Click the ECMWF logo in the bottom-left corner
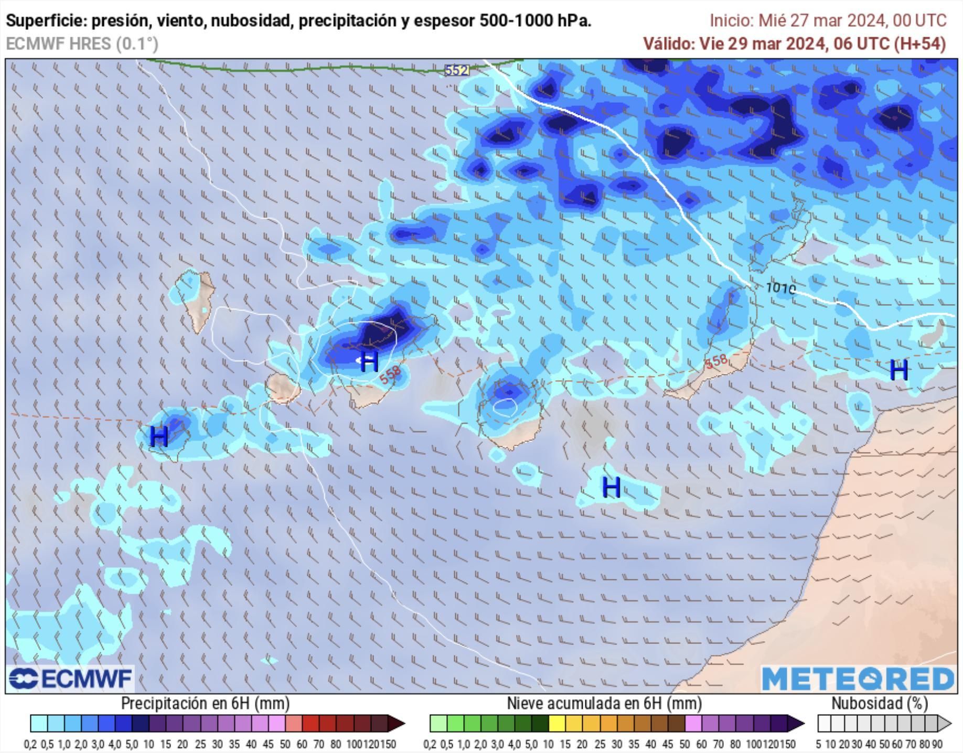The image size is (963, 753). tap(70, 679)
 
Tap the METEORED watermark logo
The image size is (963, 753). tap(858, 679)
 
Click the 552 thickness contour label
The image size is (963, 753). tap(456, 70)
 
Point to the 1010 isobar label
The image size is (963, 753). tap(780, 288)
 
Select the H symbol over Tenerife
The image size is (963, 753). tap(369, 362)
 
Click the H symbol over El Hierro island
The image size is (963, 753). tap(159, 436)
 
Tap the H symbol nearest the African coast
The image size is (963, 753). tap(899, 371)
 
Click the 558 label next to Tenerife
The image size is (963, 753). tap(391, 374)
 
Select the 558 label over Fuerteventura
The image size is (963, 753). tap(716, 361)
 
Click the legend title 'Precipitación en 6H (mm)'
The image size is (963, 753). tap(205, 703)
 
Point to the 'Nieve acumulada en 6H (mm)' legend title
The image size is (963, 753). tap(604, 703)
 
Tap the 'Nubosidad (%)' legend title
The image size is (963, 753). tap(879, 703)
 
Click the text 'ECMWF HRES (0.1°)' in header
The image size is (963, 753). tap(82, 44)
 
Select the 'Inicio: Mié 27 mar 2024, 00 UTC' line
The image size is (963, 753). tap(828, 21)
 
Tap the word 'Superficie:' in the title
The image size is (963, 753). tap(46, 21)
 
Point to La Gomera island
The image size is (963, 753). tap(282, 388)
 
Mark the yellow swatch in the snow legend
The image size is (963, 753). tap(557, 724)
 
